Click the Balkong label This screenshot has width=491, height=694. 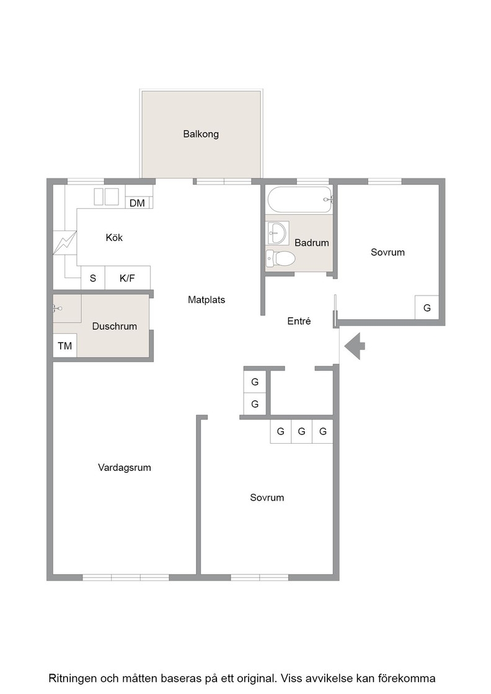(201, 134)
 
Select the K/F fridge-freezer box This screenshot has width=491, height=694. (128, 278)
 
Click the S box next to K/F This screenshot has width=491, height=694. (93, 278)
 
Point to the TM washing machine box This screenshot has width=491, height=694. (65, 346)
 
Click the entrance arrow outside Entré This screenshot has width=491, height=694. (355, 345)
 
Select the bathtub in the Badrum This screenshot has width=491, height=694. (299, 200)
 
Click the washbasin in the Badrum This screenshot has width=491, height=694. (278, 232)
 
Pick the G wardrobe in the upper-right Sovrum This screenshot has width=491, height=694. (427, 307)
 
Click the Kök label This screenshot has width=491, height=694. (114, 237)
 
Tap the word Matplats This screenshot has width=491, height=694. (206, 300)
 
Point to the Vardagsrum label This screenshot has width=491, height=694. (125, 467)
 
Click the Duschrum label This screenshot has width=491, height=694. (114, 326)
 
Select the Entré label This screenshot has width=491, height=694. (299, 321)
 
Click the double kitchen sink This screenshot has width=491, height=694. (106, 196)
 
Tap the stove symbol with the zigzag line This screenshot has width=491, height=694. (65, 242)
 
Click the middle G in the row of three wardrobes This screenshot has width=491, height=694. (301, 431)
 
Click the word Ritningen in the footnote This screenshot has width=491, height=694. (72, 678)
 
